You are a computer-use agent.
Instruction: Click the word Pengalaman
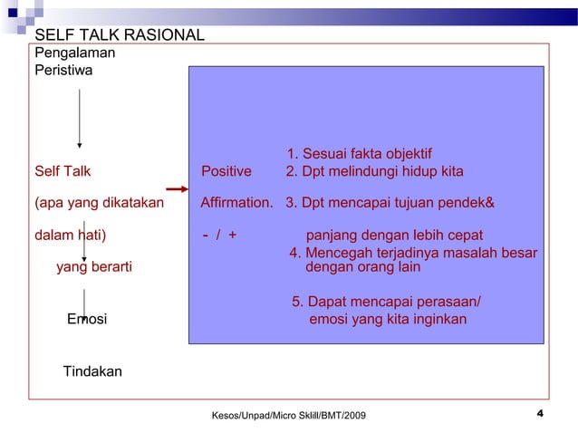point(74,53)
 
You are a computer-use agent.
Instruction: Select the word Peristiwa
point(63,69)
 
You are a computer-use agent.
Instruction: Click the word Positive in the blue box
point(226,171)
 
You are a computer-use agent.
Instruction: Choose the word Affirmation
point(236,202)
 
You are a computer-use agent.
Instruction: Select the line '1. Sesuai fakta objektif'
point(360,153)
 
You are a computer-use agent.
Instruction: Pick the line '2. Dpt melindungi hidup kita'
point(374,171)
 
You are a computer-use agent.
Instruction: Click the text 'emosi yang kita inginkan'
point(389,320)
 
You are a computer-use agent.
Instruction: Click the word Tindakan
point(92,371)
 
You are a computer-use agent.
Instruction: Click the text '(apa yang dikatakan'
point(99,202)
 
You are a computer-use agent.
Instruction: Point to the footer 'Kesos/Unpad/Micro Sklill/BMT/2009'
point(289,415)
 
